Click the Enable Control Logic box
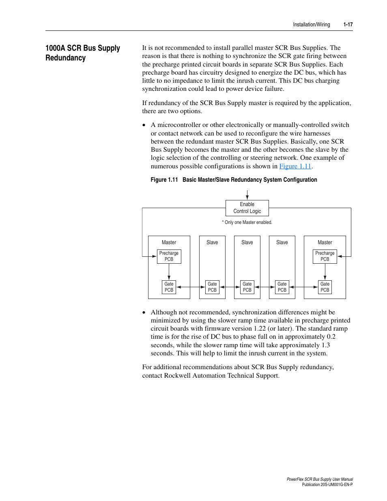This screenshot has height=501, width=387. pyautogui.click(x=247, y=208)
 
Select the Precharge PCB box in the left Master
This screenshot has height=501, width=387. pyautogui.click(x=169, y=256)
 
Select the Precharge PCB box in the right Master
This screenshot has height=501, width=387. pyautogui.click(x=325, y=256)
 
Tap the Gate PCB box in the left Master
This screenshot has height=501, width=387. pyautogui.click(x=169, y=287)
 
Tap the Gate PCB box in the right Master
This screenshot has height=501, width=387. pyautogui.click(x=325, y=287)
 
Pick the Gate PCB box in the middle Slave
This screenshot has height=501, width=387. pyautogui.click(x=247, y=287)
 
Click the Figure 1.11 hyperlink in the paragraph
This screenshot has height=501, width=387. pyautogui.click(x=295, y=166)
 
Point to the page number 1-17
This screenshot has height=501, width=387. pyautogui.click(x=348, y=25)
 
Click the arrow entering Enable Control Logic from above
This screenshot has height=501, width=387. pyautogui.click(x=247, y=195)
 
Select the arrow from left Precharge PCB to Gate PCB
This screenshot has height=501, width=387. pyautogui.click(x=169, y=272)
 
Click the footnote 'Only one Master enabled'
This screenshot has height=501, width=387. pyautogui.click(x=247, y=222)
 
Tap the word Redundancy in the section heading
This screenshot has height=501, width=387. pyautogui.click(x=66, y=58)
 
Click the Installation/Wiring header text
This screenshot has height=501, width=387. pyautogui.click(x=311, y=25)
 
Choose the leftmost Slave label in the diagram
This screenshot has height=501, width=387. pyautogui.click(x=212, y=243)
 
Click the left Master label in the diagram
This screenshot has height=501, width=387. pyautogui.click(x=169, y=243)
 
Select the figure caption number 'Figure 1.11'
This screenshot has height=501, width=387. pyautogui.click(x=164, y=180)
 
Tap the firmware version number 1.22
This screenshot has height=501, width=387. pyautogui.click(x=260, y=329)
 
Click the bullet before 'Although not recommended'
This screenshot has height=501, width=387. pyautogui.click(x=144, y=313)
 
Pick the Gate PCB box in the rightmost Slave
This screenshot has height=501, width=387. pyautogui.click(x=282, y=287)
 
